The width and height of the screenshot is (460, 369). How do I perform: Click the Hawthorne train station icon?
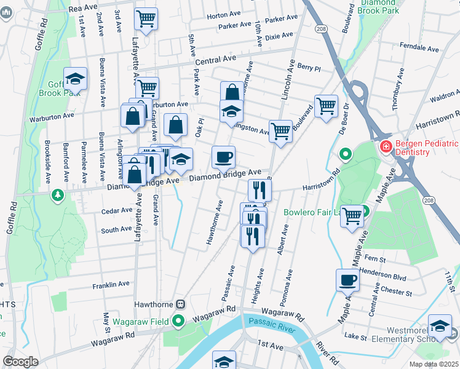pyautogui.click(x=181, y=304)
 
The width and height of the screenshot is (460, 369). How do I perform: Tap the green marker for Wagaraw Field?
pyautogui.click(x=179, y=320)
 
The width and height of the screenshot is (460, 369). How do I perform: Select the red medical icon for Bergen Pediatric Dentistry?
pyautogui.click(x=386, y=146)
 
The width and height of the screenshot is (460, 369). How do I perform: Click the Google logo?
pyautogui.click(x=20, y=362)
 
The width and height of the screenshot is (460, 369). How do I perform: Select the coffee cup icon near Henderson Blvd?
pyautogui.click(x=348, y=280)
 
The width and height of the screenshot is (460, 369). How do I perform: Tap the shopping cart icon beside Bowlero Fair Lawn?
pyautogui.click(x=352, y=216)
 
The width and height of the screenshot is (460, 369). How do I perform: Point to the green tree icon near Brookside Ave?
pyautogui.click(x=58, y=195)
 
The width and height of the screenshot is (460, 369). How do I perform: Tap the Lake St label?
pyautogui.click(x=355, y=336)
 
